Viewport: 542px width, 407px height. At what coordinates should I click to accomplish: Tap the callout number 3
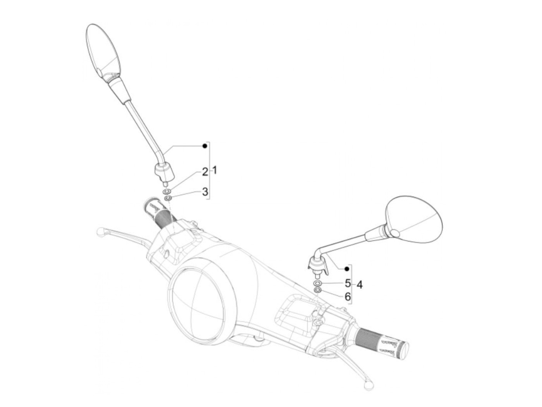click(x=205, y=192)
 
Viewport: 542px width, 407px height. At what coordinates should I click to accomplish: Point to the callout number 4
click(x=360, y=285)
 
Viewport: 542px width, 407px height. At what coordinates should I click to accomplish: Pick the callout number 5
click(x=347, y=283)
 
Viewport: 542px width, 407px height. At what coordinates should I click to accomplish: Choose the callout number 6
click(x=347, y=297)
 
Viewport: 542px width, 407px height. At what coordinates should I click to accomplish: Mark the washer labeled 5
click(x=317, y=284)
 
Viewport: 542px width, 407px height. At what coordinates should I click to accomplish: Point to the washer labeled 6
click(x=317, y=290)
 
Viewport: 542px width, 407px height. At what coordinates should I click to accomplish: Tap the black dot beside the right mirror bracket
click(x=347, y=268)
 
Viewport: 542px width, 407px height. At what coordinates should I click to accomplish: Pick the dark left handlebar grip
click(x=161, y=214)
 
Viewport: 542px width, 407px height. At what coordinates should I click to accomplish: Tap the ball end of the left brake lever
click(x=100, y=232)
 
